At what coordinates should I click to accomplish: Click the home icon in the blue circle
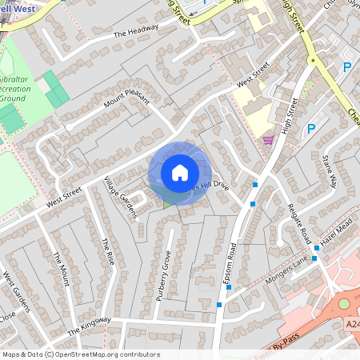(x=180, y=172)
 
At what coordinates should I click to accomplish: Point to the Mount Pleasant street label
(x=127, y=102)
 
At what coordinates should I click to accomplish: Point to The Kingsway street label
(x=89, y=326)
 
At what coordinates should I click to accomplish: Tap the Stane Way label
(x=330, y=169)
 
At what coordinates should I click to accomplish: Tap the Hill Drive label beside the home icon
(x=210, y=185)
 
